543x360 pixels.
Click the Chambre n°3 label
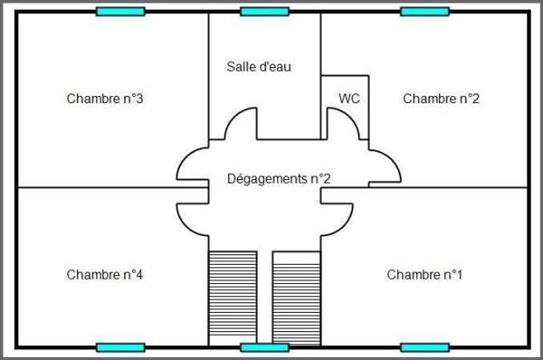[105, 99]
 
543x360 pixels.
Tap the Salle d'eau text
[259, 66]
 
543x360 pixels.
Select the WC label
[349, 98]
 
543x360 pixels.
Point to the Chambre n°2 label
[441, 98]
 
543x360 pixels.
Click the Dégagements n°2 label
[278, 179]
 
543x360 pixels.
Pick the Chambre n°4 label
[105, 274]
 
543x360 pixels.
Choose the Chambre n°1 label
[424, 274]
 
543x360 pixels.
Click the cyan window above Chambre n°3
[120, 12]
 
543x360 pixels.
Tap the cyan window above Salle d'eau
[264, 12]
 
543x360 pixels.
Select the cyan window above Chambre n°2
[424, 12]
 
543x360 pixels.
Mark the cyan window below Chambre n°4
[120, 347]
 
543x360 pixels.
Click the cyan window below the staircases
[264, 347]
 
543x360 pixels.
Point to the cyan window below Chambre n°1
[424, 347]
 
